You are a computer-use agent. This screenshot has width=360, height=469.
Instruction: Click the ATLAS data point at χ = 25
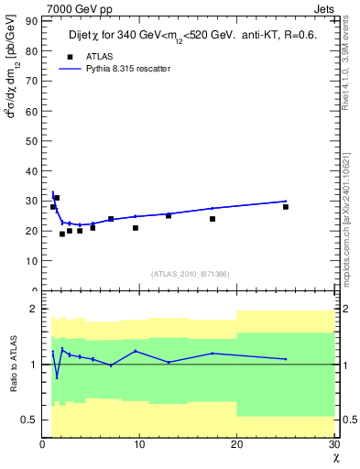(x=286, y=207)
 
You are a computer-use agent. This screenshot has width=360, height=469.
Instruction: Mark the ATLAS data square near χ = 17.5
(x=213, y=219)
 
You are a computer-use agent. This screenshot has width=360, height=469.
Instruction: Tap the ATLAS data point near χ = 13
(x=169, y=215)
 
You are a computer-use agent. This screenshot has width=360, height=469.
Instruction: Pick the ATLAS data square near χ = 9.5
(x=136, y=228)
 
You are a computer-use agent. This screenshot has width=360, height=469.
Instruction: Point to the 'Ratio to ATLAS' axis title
(x=14, y=365)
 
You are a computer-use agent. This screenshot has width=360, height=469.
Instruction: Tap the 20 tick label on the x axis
(x=236, y=445)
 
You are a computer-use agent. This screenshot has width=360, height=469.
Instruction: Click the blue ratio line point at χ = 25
(x=286, y=359)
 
